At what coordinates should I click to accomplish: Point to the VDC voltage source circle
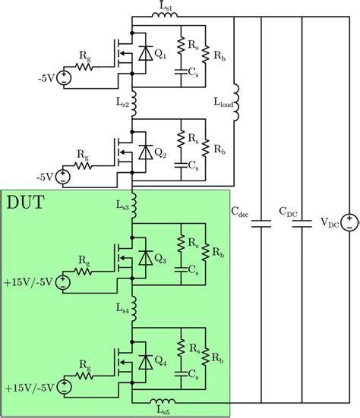coord(346,222)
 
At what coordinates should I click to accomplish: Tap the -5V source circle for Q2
coord(62,178)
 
